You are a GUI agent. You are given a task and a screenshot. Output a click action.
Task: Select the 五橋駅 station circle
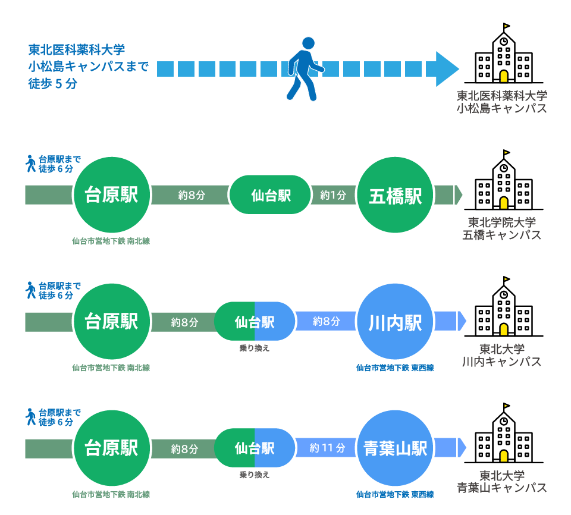point(396,196)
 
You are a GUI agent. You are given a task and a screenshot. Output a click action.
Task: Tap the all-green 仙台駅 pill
point(271,195)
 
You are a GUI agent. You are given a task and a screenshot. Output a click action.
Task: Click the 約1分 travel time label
point(333,195)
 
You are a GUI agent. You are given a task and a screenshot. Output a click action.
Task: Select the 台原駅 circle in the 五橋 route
point(111,196)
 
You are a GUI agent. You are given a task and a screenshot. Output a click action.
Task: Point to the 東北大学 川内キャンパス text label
point(502,355)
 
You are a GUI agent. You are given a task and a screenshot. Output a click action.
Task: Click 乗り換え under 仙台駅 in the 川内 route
point(255,348)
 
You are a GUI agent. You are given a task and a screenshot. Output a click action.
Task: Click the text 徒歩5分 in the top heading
point(53,84)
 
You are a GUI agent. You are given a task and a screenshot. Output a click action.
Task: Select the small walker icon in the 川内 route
point(31,290)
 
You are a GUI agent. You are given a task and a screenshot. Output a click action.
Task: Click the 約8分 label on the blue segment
point(327,322)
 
